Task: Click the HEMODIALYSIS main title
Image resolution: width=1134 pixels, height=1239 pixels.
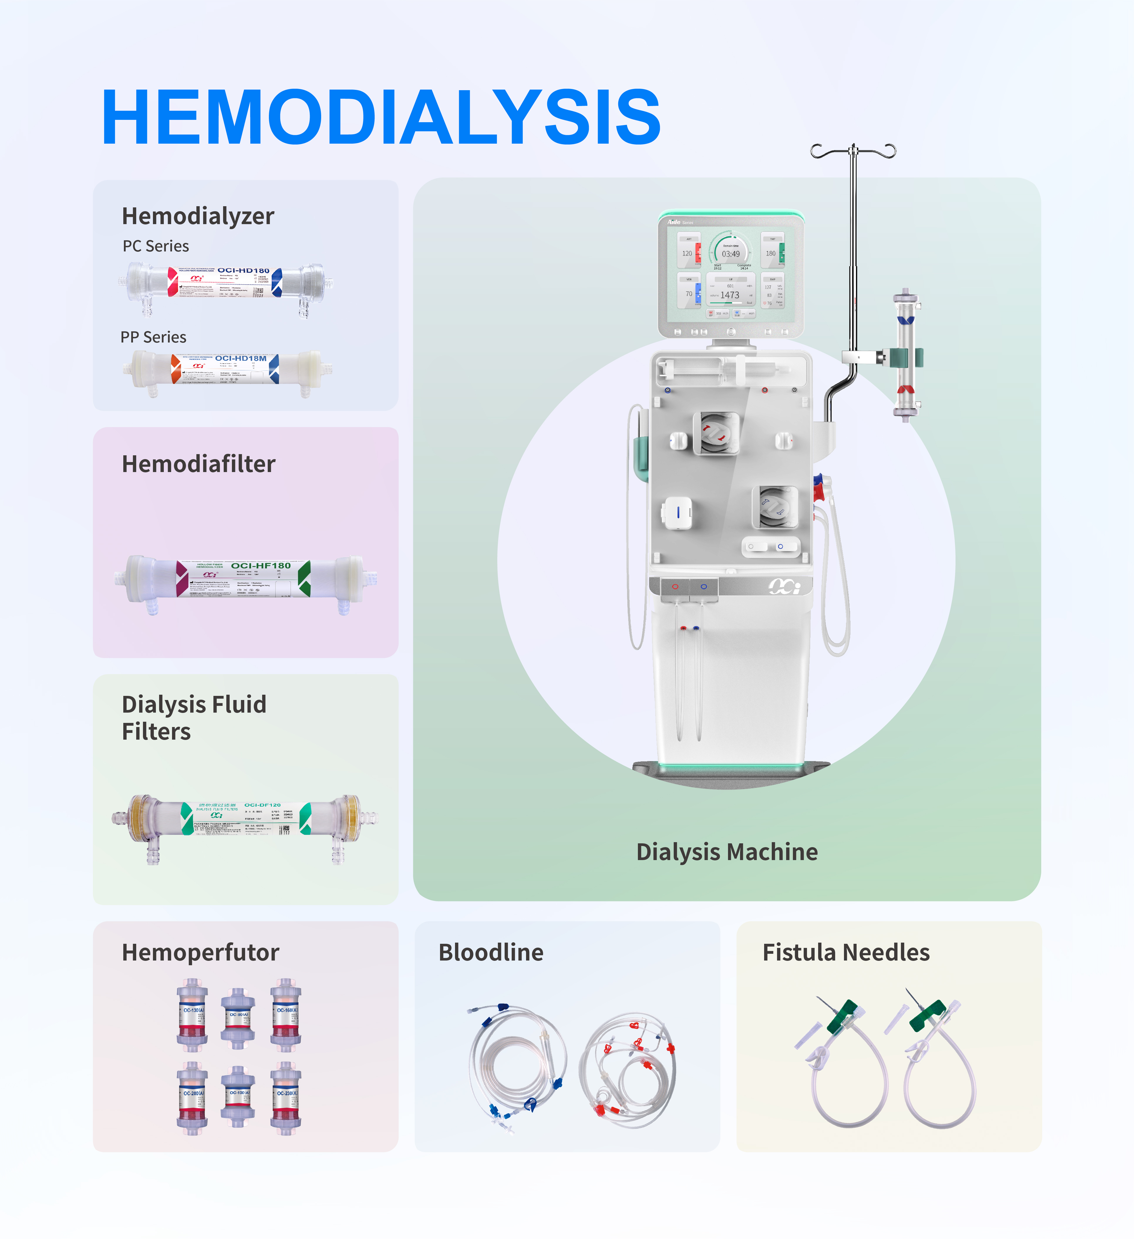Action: (381, 117)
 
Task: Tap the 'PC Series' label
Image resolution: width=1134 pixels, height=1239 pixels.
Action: (155, 246)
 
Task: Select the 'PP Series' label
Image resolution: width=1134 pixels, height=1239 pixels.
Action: (153, 337)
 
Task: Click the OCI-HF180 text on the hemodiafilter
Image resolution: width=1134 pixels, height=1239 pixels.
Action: (260, 565)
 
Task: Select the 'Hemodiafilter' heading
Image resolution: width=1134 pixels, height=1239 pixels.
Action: (198, 464)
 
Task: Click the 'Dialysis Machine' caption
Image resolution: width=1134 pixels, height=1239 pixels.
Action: (727, 852)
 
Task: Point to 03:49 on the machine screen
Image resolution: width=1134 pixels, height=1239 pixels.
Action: (730, 254)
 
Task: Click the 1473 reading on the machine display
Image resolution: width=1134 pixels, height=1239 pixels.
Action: (730, 295)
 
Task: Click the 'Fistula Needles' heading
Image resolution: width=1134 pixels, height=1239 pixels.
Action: (846, 953)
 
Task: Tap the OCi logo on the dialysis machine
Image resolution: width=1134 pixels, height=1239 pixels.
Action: (784, 587)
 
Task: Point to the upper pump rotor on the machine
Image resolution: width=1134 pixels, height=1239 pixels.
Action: (716, 433)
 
